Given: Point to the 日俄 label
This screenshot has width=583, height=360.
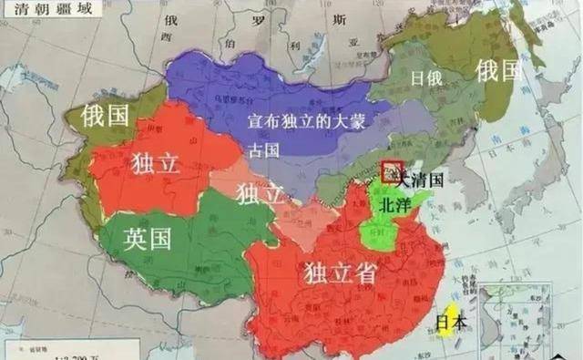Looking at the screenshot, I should pos(426,78).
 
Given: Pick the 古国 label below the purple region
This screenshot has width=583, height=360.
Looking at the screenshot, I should pos(263,149).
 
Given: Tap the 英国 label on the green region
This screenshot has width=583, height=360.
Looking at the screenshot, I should pos(148,240).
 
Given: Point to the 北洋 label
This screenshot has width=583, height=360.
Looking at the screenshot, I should pos(394,206).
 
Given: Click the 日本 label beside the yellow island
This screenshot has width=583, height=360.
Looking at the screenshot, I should pos(451,321).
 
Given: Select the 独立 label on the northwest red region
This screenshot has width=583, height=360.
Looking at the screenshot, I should pos(156,164).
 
